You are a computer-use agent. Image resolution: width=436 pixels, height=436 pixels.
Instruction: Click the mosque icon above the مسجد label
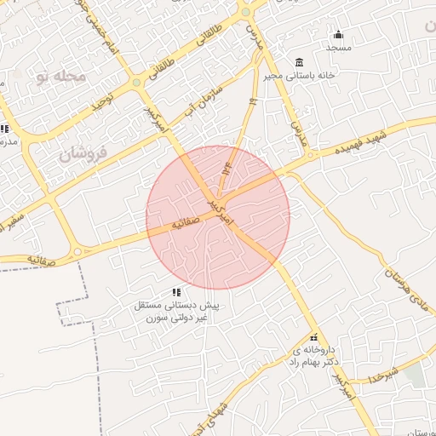coord(338,35)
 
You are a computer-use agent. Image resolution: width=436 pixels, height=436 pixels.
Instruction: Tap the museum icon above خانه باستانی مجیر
coord(298,62)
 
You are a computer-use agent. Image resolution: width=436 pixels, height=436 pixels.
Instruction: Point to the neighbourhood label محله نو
coord(62,77)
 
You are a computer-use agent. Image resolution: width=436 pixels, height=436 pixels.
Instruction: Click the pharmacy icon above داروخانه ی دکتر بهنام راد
coord(313,336)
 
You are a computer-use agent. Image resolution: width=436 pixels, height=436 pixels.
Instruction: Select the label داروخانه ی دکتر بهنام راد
coord(315,356)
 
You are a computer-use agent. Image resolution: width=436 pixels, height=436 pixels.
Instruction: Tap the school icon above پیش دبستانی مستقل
coord(176,292)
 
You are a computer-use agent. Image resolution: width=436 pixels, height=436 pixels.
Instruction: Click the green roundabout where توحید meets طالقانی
coord(136,83)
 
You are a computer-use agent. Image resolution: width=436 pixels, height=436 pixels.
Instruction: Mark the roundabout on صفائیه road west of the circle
coord(78,250)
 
